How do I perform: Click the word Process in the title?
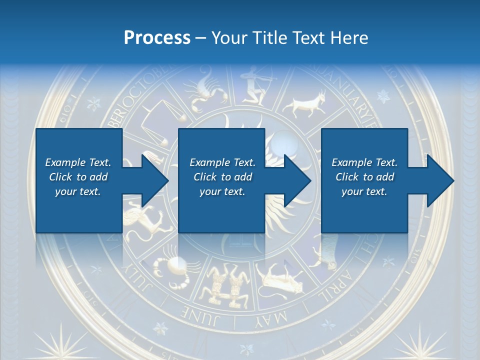point(157,37)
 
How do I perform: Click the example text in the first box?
point(78,177)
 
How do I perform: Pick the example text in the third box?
point(364,177)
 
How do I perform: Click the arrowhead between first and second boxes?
point(152,180)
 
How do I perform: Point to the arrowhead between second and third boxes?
point(295,180)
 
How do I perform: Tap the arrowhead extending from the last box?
point(438,180)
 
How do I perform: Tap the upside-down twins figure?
point(222,285)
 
